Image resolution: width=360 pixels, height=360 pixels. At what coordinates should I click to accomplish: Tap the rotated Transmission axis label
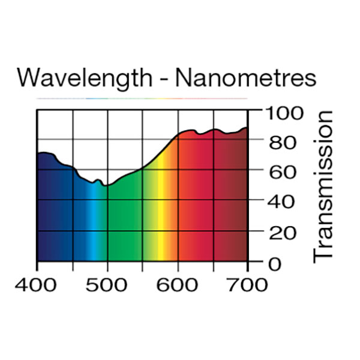pyautogui.click(x=323, y=186)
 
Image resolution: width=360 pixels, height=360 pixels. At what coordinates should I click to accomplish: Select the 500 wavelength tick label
pyautogui.click(x=107, y=284)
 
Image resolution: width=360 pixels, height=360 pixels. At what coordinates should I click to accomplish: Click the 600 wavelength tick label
pyautogui.click(x=178, y=284)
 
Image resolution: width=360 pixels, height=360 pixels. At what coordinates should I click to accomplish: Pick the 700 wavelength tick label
pyautogui.click(x=247, y=284)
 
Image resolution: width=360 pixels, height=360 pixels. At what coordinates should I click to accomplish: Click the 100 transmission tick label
pyautogui.click(x=282, y=113)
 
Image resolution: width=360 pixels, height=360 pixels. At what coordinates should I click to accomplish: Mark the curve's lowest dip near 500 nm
pyautogui.click(x=105, y=186)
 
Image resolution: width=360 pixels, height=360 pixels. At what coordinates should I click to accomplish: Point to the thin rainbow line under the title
pyautogui.click(x=142, y=98)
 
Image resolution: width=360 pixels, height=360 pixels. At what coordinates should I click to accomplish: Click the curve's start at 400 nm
pyautogui.click(x=38, y=155)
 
